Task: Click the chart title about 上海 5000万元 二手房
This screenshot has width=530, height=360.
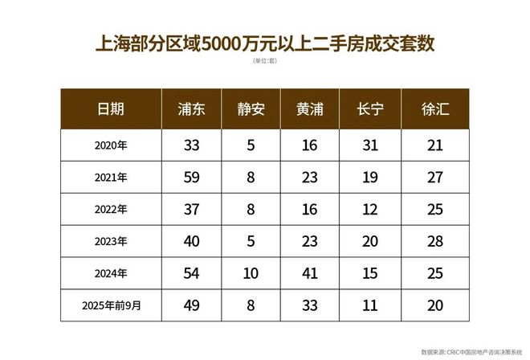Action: [x=265, y=43]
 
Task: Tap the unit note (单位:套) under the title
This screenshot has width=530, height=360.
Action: [x=265, y=62]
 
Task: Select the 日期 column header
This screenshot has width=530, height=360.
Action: [x=111, y=110]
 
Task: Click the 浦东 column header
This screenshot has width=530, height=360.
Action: [x=191, y=110]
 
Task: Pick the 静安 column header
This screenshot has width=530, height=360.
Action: [x=251, y=110]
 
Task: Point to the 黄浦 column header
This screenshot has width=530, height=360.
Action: [x=310, y=110]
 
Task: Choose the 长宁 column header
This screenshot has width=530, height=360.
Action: [x=370, y=110]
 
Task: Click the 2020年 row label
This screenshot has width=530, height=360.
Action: [x=111, y=145]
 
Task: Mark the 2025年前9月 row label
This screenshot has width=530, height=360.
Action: [x=111, y=305]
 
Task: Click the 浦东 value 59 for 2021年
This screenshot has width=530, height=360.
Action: [x=191, y=178]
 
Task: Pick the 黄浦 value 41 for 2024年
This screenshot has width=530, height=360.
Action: [x=310, y=274]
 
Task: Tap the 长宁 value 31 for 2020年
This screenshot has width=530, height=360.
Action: [x=370, y=145]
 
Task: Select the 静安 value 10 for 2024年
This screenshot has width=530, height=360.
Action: [x=251, y=274]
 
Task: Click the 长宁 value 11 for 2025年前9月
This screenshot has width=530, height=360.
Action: [x=370, y=305]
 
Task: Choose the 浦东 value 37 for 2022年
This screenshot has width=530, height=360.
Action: [x=191, y=210]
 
